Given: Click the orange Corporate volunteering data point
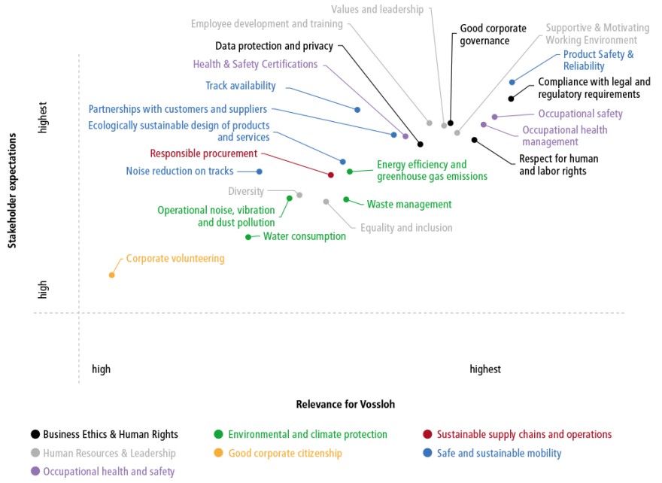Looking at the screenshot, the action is (112, 275).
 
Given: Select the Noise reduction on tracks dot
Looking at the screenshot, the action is (260, 172).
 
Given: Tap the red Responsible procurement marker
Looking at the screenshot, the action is (331, 175).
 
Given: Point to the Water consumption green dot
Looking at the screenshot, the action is (248, 237).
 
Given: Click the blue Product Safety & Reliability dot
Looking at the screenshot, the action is (512, 82).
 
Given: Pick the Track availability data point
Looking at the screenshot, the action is (357, 110).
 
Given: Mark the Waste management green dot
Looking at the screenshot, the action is (346, 199).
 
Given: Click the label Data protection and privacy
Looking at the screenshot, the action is (274, 46).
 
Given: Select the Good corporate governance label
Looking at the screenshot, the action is (493, 35).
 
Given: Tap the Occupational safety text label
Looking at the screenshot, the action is (580, 114).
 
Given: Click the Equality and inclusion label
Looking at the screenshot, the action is (406, 228).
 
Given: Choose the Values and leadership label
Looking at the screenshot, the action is (377, 9).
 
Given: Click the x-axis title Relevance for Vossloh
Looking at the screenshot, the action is (345, 405).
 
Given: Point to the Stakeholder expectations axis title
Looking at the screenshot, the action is (12, 191).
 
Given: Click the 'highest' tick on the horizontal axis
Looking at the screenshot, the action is (485, 369).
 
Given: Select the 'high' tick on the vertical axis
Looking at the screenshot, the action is (43, 290).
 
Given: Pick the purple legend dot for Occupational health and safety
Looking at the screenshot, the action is (35, 471).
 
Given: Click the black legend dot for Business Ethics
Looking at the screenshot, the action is (35, 434).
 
